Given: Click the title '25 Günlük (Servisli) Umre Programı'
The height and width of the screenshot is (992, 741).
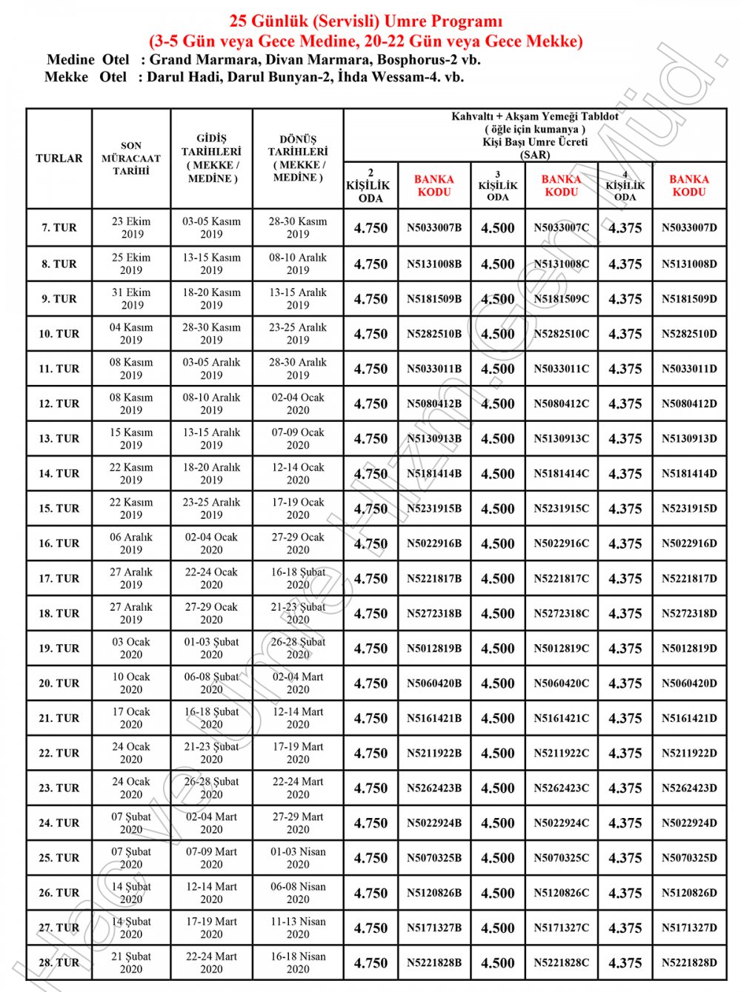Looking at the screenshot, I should tap(365, 21).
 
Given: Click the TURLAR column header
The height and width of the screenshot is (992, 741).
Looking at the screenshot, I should tap(59, 158).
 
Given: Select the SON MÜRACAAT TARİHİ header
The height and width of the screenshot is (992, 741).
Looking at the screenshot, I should tap(131, 158).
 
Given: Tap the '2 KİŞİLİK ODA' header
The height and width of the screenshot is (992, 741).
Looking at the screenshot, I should tap(370, 185).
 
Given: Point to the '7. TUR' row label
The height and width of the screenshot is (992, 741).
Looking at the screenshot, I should tap(59, 228).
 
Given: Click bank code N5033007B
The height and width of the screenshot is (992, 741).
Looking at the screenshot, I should tap(434, 228).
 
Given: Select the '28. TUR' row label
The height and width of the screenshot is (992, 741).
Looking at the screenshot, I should tap(59, 963).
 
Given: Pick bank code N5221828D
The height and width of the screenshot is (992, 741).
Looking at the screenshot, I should tap(689, 963).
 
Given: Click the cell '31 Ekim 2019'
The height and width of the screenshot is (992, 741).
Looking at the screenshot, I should tap(131, 298).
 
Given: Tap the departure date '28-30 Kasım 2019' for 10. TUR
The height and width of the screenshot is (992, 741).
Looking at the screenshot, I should tap(211, 333).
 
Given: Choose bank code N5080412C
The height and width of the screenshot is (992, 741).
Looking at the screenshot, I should tap(562, 403).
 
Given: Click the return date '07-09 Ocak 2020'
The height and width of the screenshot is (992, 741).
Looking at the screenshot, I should tap(298, 438).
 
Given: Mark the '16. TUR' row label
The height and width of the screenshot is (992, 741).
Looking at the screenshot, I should tap(59, 543).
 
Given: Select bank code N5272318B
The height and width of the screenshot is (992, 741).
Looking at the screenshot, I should tap(434, 614).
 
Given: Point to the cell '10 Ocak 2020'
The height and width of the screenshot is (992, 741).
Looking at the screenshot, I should tap(131, 683).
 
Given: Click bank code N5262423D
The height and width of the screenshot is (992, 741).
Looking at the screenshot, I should tap(689, 788).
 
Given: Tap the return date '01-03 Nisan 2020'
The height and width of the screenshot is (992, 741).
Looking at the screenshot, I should tap(298, 858).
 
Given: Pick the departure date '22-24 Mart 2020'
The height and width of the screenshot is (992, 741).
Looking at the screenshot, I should tap(211, 963).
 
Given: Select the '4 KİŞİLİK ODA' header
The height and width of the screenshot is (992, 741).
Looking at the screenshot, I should tap(625, 186).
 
